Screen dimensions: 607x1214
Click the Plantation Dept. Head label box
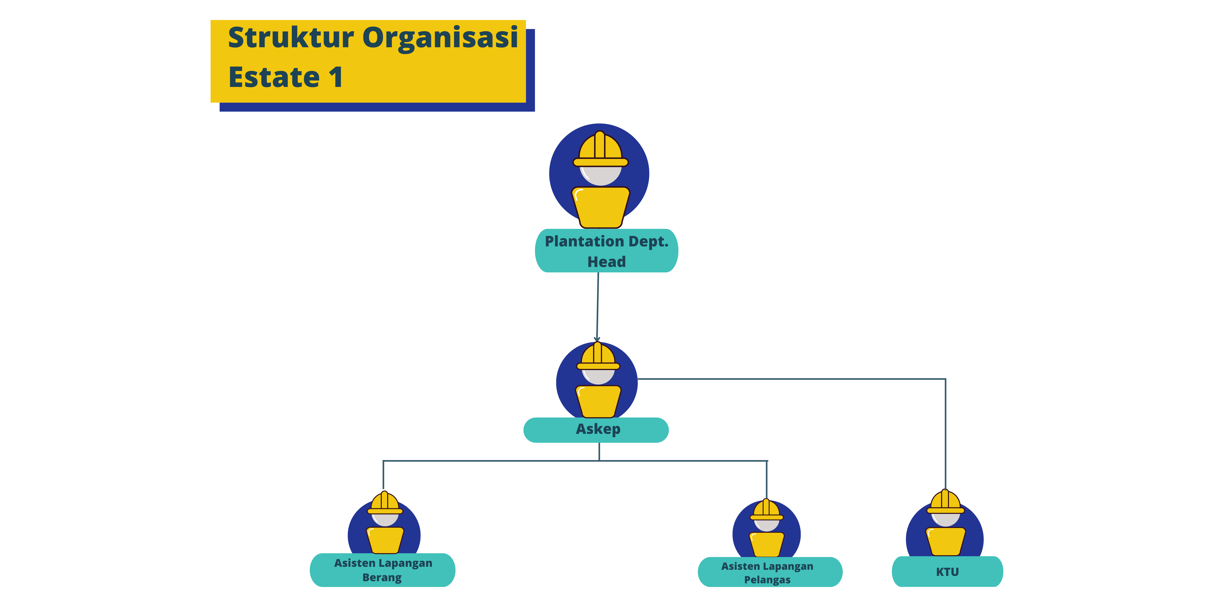tap(606, 251)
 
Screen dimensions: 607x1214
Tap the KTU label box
tap(947, 572)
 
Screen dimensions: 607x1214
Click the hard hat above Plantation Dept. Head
tap(600, 148)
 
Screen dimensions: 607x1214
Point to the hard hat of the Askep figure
tap(598, 357)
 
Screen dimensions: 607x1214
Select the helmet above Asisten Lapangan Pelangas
tap(766, 510)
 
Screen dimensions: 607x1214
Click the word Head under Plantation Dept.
tap(606, 262)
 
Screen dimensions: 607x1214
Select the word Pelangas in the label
tap(767, 580)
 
